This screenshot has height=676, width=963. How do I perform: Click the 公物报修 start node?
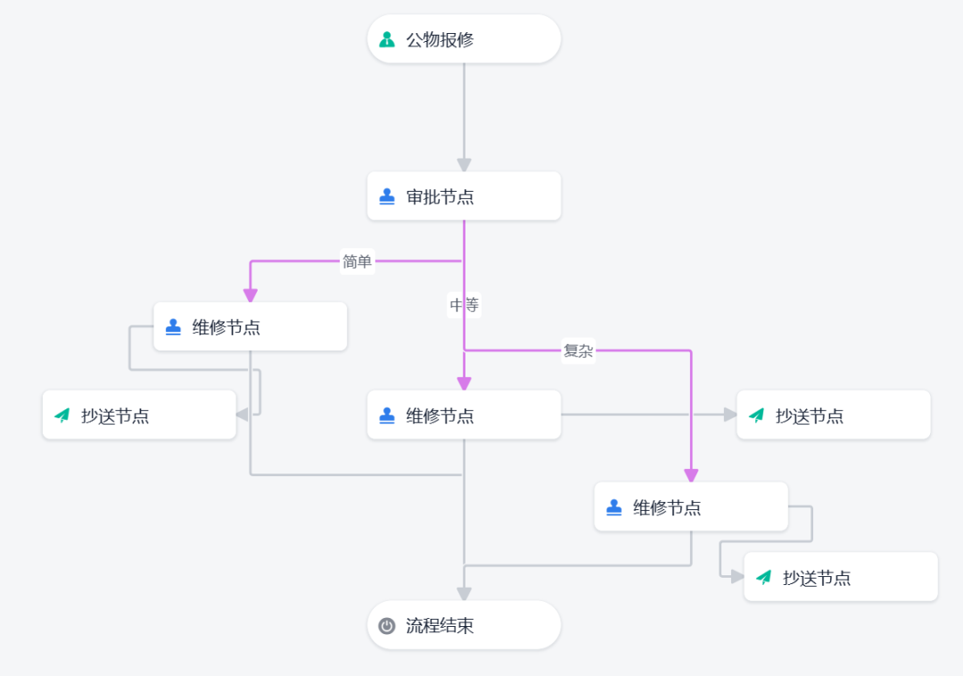[x=464, y=39]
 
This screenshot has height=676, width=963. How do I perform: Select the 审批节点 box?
[x=464, y=196]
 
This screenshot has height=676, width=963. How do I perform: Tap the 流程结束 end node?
[x=464, y=625]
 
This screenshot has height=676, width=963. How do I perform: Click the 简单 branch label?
[x=358, y=261]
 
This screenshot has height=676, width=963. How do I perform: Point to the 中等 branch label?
[x=465, y=304]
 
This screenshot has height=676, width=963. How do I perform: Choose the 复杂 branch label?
[x=578, y=350]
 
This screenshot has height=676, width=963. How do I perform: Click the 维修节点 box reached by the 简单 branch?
[x=250, y=326]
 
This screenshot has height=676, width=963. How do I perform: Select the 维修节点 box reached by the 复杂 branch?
[x=691, y=507]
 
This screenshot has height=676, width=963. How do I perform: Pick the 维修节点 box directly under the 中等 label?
[x=464, y=415]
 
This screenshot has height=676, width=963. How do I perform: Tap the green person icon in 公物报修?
[x=387, y=39]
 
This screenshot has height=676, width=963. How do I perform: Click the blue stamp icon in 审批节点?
[x=387, y=196]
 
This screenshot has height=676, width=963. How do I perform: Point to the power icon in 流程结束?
[x=387, y=626]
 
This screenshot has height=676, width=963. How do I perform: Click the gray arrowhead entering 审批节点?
[x=465, y=165]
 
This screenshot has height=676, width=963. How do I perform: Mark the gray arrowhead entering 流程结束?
[x=465, y=594]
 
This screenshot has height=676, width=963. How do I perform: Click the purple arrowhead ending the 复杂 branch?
[x=691, y=476]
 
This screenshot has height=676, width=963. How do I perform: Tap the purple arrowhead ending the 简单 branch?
[x=250, y=295]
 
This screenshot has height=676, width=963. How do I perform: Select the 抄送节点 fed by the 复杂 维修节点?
[x=840, y=577]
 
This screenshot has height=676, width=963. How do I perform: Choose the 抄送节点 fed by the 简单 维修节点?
[x=139, y=415]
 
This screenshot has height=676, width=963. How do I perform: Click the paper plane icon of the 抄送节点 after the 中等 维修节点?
[x=757, y=416]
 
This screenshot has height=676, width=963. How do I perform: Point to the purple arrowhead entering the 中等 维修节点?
[x=465, y=383]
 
